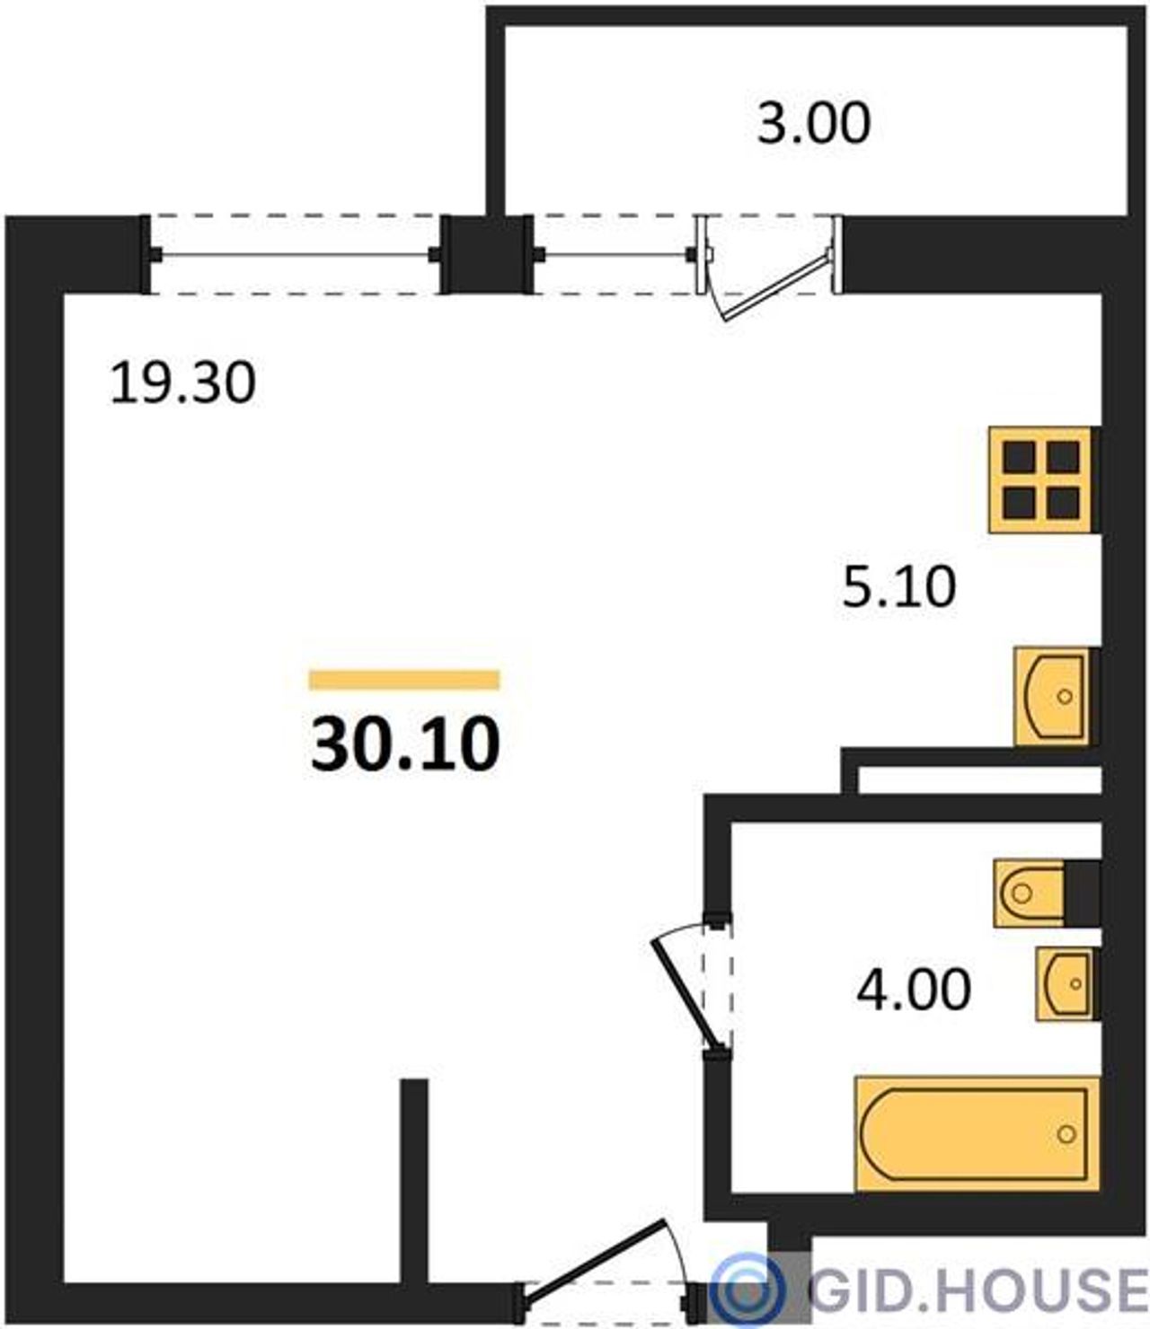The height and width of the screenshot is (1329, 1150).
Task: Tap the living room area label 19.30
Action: [183, 383]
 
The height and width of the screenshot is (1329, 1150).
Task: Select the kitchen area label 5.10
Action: [899, 587]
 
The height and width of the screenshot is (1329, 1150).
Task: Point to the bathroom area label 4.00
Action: [914, 990]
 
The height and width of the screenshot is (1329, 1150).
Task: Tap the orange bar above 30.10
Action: [404, 680]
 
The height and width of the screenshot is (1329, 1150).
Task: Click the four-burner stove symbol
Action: [1040, 480]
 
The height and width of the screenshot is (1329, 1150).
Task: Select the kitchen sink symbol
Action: [1052, 697]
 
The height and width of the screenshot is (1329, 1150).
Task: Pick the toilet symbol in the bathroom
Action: [1029, 893]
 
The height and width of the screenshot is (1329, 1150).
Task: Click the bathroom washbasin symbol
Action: [1064, 984]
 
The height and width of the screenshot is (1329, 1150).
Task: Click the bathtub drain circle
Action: [1067, 1134]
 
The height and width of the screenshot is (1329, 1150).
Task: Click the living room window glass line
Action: [296, 255]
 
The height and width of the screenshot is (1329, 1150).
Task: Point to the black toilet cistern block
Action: [1082, 893]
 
